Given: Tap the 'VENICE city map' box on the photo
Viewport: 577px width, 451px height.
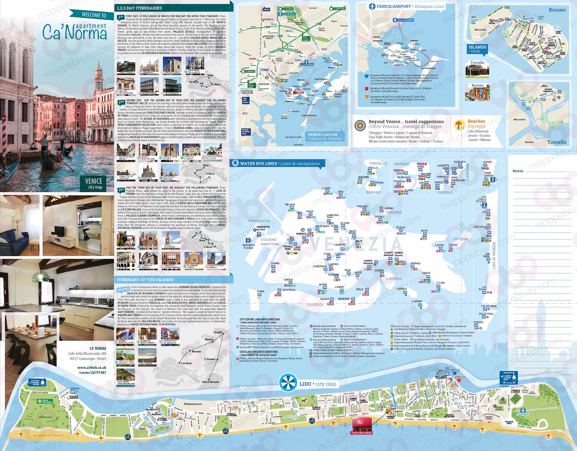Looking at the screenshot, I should click(x=94, y=183).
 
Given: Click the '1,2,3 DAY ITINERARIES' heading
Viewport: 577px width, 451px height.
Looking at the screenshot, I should click(x=139, y=8).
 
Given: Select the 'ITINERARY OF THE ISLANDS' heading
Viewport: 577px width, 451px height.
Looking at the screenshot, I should click(x=145, y=280).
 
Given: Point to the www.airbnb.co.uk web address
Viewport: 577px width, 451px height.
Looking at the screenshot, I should click(x=92, y=368).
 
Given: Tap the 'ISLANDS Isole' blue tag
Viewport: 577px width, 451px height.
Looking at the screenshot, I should click(x=477, y=49).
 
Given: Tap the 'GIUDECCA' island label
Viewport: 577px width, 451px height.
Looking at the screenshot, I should click(x=315, y=305).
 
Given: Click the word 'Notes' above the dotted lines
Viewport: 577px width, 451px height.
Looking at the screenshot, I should click(x=518, y=171).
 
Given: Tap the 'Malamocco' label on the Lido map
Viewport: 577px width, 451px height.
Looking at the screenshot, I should click(x=193, y=404).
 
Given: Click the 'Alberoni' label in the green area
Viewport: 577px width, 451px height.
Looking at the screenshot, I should click(x=45, y=417).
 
